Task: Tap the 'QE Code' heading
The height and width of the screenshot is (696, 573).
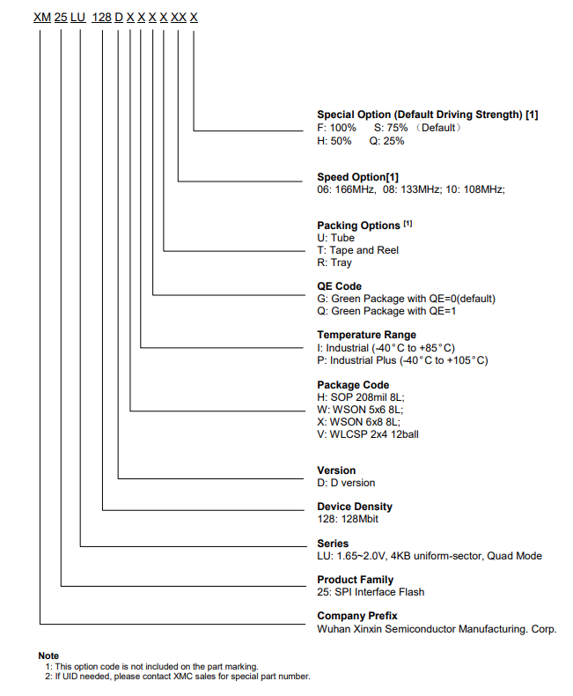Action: click(x=339, y=286)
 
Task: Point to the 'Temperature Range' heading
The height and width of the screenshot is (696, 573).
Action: click(x=366, y=335)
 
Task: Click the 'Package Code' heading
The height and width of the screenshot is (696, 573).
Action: click(x=353, y=385)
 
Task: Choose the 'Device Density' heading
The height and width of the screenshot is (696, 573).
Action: click(x=355, y=507)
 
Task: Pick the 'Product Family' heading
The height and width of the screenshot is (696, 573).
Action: click(x=355, y=580)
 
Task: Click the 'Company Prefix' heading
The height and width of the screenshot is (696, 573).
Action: click(x=357, y=616)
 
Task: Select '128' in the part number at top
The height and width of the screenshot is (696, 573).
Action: click(x=102, y=18)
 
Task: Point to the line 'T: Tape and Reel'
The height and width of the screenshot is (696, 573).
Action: click(x=357, y=250)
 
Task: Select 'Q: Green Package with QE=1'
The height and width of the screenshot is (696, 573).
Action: click(x=386, y=311)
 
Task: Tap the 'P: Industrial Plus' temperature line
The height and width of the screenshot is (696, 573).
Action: click(x=402, y=360)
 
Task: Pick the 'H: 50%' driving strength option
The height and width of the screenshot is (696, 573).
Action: click(x=334, y=141)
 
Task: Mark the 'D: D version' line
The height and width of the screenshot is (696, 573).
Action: click(x=346, y=483)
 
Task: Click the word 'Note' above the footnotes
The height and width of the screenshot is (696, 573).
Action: click(x=48, y=655)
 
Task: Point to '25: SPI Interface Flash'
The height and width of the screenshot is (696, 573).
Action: click(x=371, y=592)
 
